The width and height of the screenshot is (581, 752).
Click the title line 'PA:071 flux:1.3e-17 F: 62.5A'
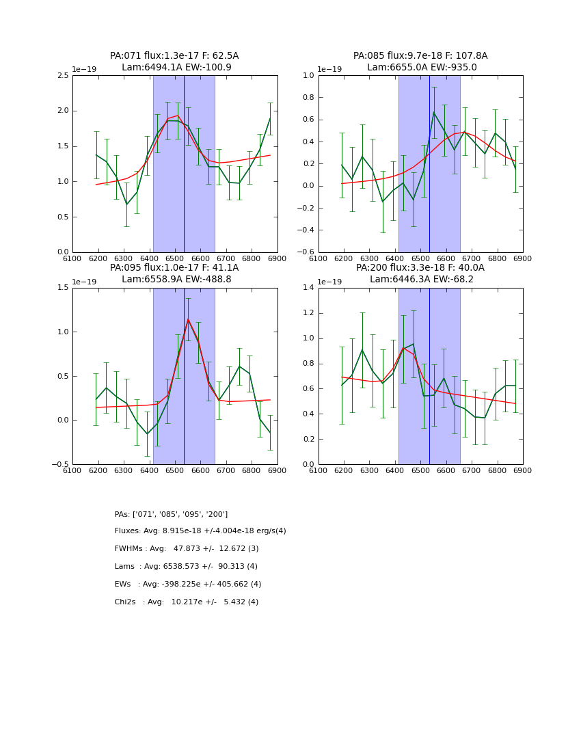174,56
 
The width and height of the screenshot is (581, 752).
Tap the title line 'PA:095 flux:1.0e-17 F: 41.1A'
174,268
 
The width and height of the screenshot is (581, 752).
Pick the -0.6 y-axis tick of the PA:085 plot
306,252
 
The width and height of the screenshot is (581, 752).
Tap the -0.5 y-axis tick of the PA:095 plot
61,464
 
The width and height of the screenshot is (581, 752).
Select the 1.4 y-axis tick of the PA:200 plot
308,288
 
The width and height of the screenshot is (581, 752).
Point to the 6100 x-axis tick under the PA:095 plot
72,470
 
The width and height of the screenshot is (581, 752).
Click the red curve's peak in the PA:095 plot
188,319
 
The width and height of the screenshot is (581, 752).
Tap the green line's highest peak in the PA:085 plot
433,112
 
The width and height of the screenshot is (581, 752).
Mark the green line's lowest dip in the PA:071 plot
126,204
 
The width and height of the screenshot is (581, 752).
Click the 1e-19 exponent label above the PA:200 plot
330,282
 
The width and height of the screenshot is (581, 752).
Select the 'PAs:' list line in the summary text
171,514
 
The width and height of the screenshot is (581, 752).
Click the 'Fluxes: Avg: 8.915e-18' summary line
200,531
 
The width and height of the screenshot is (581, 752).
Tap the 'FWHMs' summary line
187,549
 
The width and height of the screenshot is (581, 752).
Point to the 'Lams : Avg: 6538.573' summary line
186,567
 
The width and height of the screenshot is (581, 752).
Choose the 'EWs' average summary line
188,585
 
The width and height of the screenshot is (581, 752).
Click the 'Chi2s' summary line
187,602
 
